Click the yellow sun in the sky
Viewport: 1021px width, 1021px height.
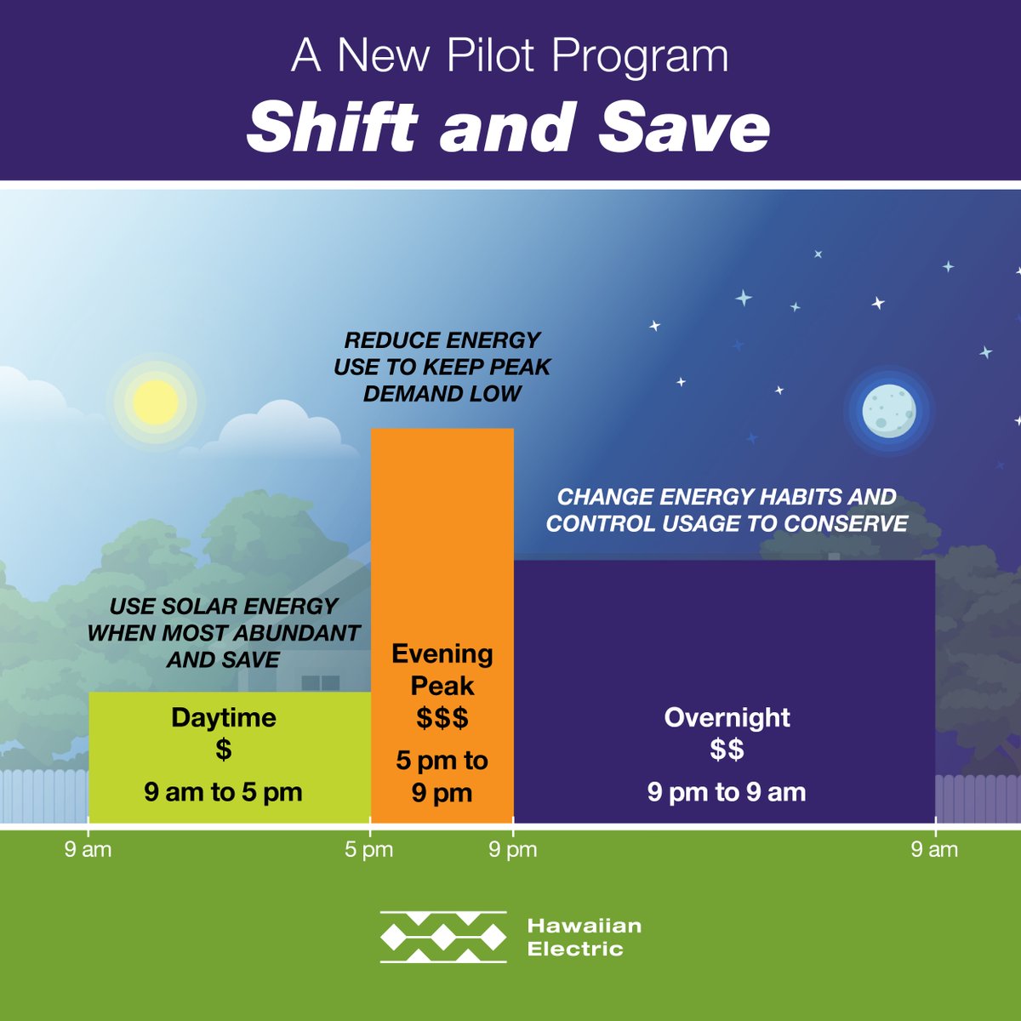[x=155, y=402]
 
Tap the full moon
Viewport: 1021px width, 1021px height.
[x=888, y=410]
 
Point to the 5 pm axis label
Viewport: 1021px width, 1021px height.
[x=369, y=849]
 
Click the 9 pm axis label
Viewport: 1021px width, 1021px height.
[x=512, y=849]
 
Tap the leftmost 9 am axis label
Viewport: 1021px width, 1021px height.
[x=88, y=849]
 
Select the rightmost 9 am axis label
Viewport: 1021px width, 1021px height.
[x=934, y=849]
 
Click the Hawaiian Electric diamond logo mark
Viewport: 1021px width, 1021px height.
[x=443, y=937]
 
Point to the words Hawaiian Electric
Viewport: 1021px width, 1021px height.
[x=584, y=937]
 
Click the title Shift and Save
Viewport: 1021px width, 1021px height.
[x=509, y=128]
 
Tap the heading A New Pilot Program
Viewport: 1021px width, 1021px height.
[x=510, y=55]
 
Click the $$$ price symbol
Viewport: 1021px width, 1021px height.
[x=442, y=718]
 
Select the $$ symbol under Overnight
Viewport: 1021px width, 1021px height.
[x=727, y=750]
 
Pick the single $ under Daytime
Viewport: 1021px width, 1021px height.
[x=223, y=750]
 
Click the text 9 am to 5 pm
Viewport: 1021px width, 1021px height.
[x=223, y=792]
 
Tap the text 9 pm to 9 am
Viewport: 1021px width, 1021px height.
[x=727, y=792]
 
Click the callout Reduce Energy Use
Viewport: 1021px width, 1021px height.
[x=442, y=367]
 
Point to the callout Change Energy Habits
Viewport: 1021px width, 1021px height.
[x=727, y=510]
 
